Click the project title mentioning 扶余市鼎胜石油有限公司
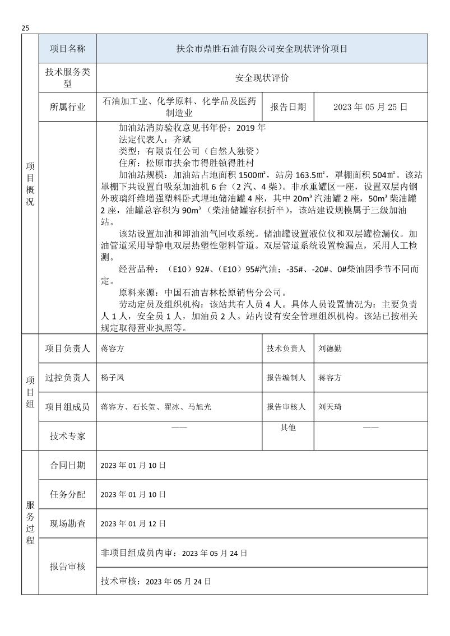(262, 49)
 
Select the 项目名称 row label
(68, 49)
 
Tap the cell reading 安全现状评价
(262, 78)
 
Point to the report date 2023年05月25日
(370, 107)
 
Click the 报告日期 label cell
(288, 107)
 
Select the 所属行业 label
(68, 107)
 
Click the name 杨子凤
(112, 378)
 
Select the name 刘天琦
(330, 407)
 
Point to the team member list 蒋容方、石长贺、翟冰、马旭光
(155, 407)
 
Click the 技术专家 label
(68, 436)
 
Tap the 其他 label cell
(288, 428)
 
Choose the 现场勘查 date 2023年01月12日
(133, 524)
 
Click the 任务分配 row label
(68, 495)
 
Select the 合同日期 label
(68, 465)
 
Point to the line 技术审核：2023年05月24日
(155, 582)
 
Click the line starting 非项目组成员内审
(173, 553)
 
